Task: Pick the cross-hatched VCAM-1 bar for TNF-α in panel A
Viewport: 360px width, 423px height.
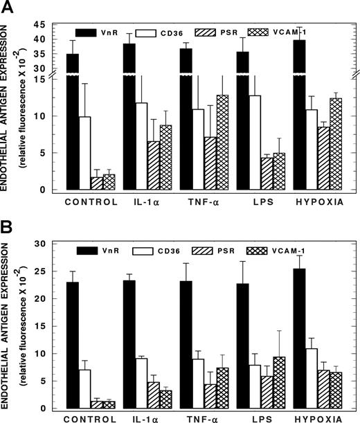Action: pyautogui.click(x=222, y=142)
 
